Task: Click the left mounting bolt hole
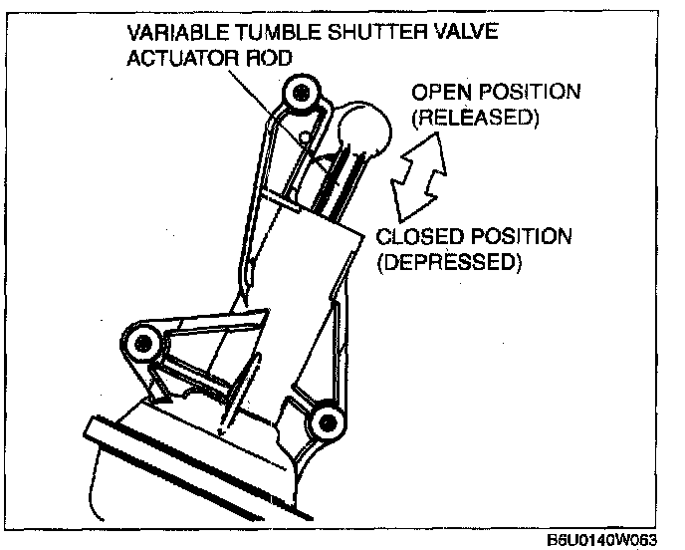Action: (x=145, y=345)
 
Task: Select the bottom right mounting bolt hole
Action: (x=323, y=423)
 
